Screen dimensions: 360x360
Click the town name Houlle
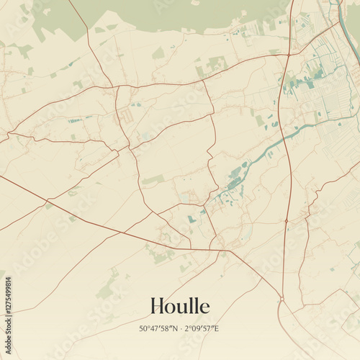180,307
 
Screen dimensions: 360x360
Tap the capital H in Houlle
158,307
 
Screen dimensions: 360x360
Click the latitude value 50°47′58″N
157,328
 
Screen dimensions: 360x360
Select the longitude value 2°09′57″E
201,328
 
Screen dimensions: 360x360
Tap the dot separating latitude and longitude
179,328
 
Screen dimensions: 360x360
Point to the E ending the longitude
217,328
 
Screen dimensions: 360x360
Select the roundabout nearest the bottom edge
282,298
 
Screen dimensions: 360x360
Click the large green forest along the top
166,14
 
